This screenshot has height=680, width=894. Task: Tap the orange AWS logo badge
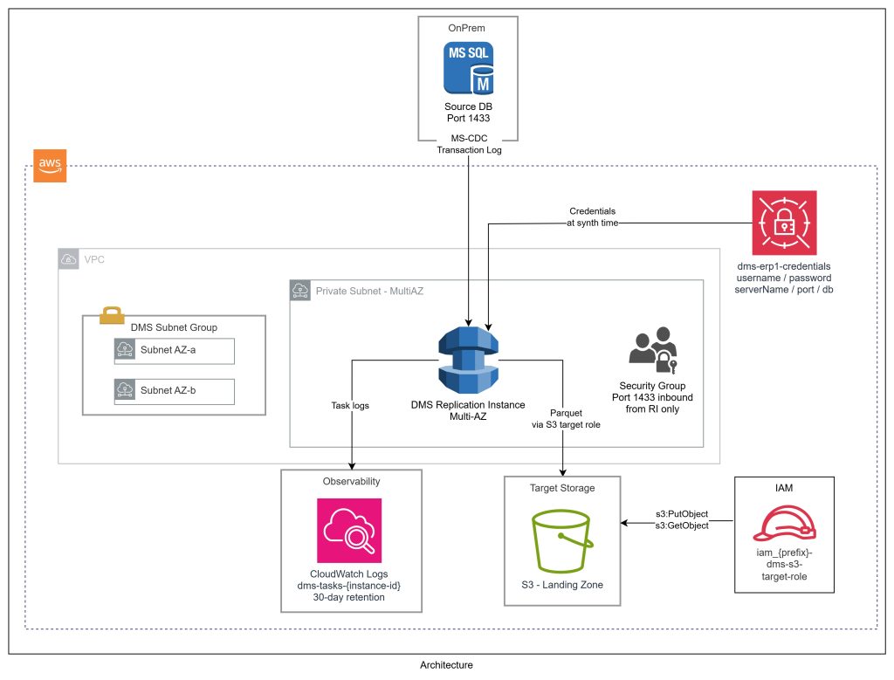(x=50, y=166)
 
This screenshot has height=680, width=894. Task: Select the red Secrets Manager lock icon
(x=783, y=222)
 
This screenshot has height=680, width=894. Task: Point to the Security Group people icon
(x=651, y=350)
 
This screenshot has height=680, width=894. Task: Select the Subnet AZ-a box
(x=174, y=351)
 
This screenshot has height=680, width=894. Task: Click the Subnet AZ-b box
(x=174, y=390)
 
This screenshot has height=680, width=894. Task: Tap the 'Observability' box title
(x=351, y=481)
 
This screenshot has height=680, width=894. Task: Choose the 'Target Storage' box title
(x=562, y=488)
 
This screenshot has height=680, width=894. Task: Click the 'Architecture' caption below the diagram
(x=446, y=665)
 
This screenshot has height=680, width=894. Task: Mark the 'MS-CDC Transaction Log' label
(x=469, y=144)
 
